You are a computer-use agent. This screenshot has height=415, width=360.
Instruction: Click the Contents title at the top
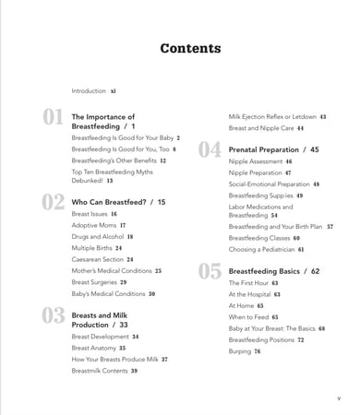pos(190,49)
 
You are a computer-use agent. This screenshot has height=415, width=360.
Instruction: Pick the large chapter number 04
pos(210,149)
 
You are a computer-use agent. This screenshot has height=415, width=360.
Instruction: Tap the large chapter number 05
pos(210,272)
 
